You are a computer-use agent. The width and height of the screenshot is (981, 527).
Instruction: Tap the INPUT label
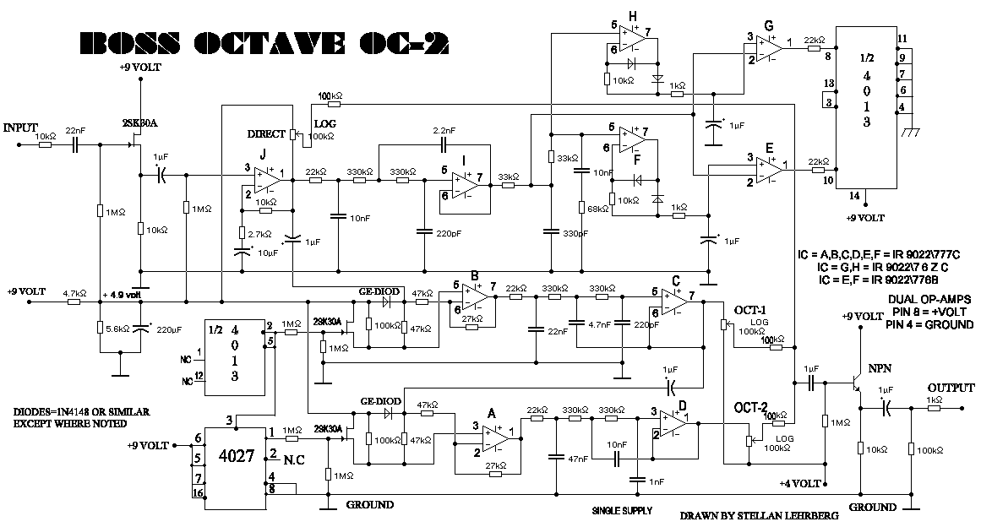(21, 128)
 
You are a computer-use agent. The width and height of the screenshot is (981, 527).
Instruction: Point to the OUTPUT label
(950, 387)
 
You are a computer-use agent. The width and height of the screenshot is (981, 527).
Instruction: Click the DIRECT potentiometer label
(267, 134)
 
